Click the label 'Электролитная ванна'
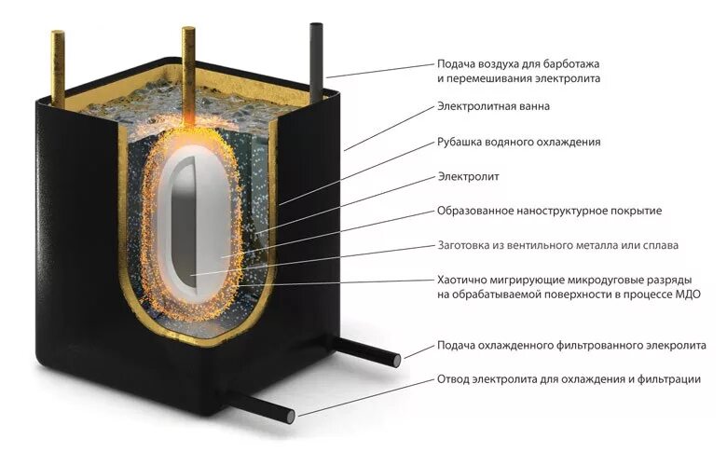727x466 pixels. coord(493,106)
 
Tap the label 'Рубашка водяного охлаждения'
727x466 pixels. coord(519,142)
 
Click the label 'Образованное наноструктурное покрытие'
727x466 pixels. coord(549,211)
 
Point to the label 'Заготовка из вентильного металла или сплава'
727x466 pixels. coord(557,245)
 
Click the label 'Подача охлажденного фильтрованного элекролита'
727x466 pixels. coord(571,345)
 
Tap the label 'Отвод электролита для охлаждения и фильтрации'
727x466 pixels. coord(569,379)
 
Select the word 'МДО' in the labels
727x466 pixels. coord(684,295)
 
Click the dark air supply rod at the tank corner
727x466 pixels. coord(315,56)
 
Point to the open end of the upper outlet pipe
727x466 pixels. coord(395,359)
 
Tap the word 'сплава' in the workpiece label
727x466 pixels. coord(658,245)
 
